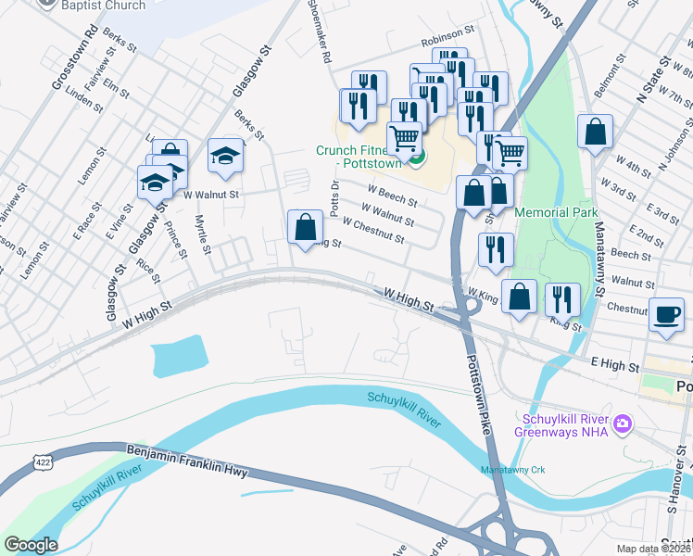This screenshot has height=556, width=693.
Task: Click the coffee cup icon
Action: click(x=666, y=314)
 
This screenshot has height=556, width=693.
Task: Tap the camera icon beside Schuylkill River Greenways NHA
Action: click(x=622, y=423)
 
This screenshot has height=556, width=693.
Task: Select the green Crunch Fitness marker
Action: click(x=417, y=158)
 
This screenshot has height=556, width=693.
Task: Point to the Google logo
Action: click(x=31, y=545)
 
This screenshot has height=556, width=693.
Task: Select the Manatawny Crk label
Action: click(x=513, y=470)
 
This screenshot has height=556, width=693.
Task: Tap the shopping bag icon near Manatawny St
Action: click(x=595, y=132)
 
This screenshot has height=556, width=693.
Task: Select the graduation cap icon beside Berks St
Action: click(x=224, y=155)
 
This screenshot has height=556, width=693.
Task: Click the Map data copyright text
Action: click(x=653, y=549)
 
